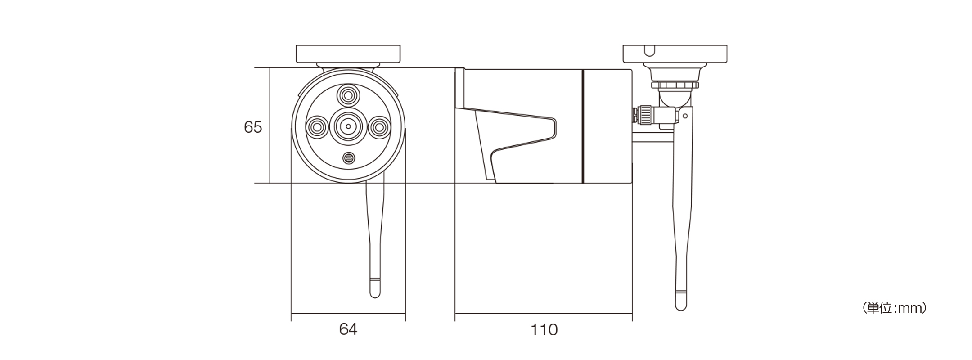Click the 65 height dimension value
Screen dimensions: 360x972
(252, 127)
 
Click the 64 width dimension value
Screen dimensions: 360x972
(348, 329)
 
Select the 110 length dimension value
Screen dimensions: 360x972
(544, 330)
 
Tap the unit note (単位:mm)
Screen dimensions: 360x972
(894, 308)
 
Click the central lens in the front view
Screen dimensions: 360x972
(348, 127)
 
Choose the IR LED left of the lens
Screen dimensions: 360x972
(317, 127)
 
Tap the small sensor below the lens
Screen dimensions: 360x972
(348, 158)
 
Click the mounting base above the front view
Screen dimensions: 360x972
(348, 54)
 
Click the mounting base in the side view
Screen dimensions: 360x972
(675, 54)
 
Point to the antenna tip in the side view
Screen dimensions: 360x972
(681, 301)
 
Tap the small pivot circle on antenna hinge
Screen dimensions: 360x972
(685, 116)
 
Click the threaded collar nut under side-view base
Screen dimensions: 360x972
(675, 85)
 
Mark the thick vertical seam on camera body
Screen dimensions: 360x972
(583, 126)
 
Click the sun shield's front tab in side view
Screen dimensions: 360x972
(459, 88)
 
